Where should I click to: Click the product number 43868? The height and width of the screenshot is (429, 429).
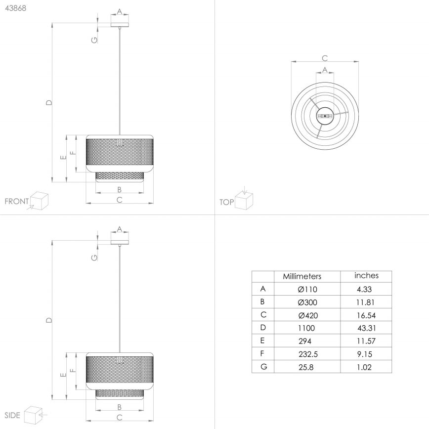click(x=15, y=8)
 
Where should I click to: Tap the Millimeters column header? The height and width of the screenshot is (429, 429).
click(x=301, y=276)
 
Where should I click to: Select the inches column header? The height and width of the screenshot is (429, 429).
click(x=366, y=275)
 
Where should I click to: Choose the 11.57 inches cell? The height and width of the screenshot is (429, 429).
click(x=366, y=341)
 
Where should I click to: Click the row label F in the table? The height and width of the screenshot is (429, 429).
click(x=263, y=354)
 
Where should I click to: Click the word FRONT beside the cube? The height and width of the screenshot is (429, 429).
click(x=16, y=202)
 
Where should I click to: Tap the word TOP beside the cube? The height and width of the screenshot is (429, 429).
click(x=226, y=202)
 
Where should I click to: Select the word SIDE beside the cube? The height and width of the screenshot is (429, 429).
click(x=12, y=415)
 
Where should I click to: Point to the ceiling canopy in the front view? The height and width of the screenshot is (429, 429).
click(x=120, y=25)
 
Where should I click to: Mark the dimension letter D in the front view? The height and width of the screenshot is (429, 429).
click(x=48, y=103)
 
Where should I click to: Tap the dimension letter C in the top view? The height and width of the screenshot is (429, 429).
click(x=325, y=58)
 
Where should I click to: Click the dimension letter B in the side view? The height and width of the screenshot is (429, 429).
click(x=120, y=407)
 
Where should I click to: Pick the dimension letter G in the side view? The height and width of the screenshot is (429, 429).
click(x=94, y=257)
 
